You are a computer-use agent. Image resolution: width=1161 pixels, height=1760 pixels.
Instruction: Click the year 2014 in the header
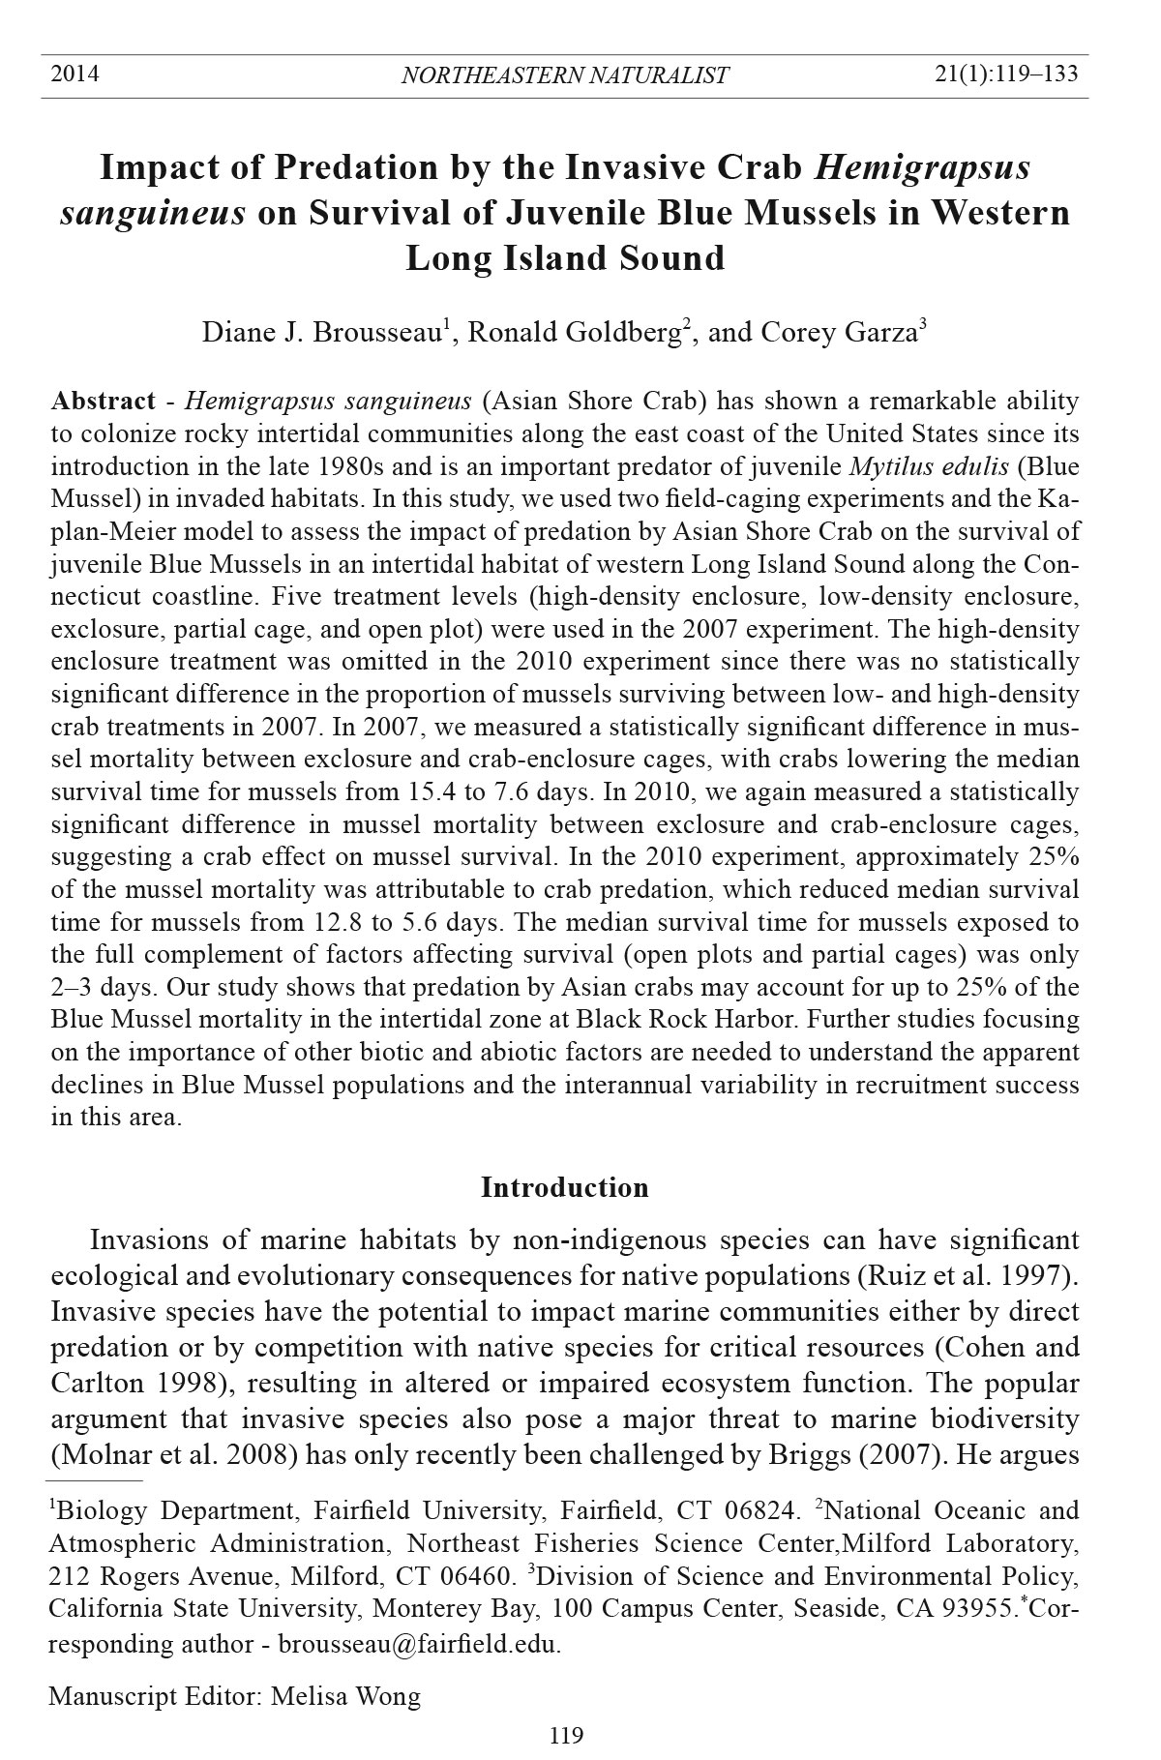[74, 74]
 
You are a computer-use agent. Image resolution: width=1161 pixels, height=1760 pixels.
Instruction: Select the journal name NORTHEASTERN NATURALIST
[564, 75]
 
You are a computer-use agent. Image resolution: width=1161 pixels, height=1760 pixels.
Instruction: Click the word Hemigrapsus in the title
[922, 167]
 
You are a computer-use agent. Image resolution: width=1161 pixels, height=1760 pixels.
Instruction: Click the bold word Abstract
[103, 402]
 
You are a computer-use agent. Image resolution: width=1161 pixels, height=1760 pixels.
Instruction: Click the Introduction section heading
[564, 1187]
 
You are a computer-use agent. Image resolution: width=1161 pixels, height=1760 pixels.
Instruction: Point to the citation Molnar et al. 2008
[177, 1455]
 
